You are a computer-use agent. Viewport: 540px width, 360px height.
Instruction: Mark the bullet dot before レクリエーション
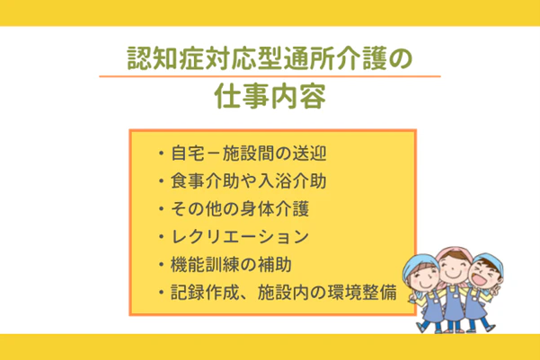pos(159,238)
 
